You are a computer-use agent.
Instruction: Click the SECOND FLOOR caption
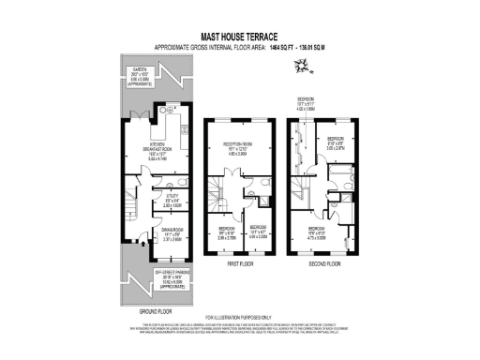[x=323, y=264]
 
